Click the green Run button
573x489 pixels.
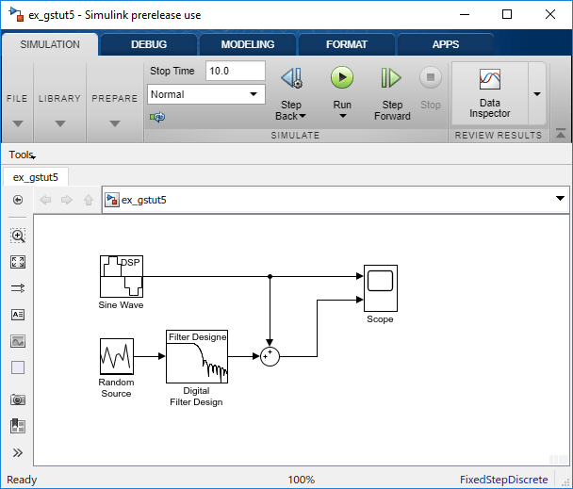coord(342,77)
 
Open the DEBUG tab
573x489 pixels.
coord(149,44)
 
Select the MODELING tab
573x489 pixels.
coord(248,44)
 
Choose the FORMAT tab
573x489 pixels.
coord(347,44)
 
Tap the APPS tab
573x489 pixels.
coord(446,44)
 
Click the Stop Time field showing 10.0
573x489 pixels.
coord(236,71)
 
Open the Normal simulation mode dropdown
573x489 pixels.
coord(206,94)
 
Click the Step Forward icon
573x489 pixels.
coord(391,77)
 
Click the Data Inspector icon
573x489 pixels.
coord(490,79)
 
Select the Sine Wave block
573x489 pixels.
coord(122,276)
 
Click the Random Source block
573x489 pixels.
coord(117,356)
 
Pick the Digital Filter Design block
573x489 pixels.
coord(197,357)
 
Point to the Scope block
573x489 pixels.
coord(381,288)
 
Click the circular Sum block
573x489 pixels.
coord(270,356)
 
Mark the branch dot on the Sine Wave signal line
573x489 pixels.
coord(270,276)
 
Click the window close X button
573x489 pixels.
coord(550,15)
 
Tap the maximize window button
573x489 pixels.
coord(507,15)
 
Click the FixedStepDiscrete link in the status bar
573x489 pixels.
coord(503,480)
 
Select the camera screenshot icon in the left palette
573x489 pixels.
coord(18,399)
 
